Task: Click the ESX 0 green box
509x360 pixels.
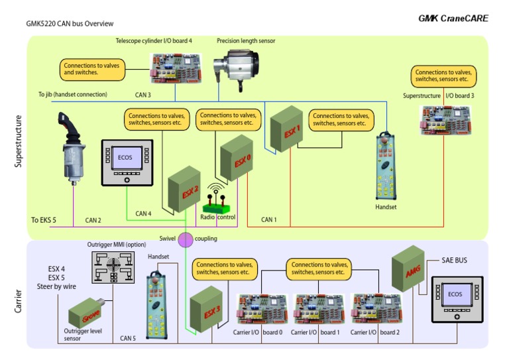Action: pos(237,158)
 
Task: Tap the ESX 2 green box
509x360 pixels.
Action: pos(184,191)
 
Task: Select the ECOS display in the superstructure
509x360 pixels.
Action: pos(127,162)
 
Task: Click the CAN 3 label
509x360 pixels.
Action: pos(144,95)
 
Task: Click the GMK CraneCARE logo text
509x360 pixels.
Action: pos(453,19)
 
